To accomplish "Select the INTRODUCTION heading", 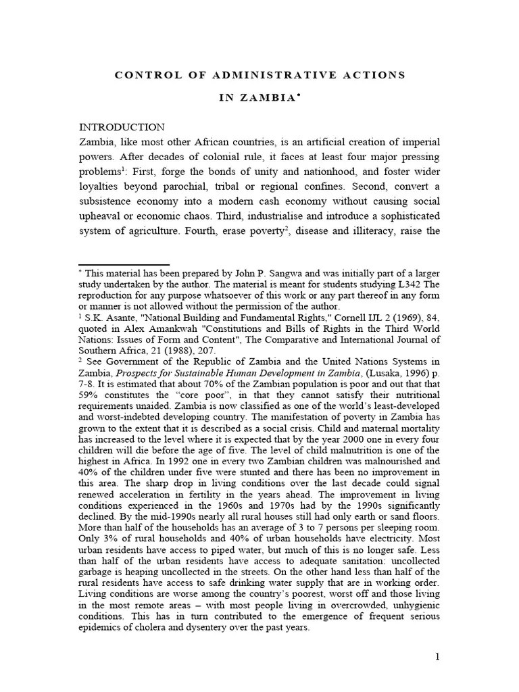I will point(122,127).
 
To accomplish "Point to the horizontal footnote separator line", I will point(124,264).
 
